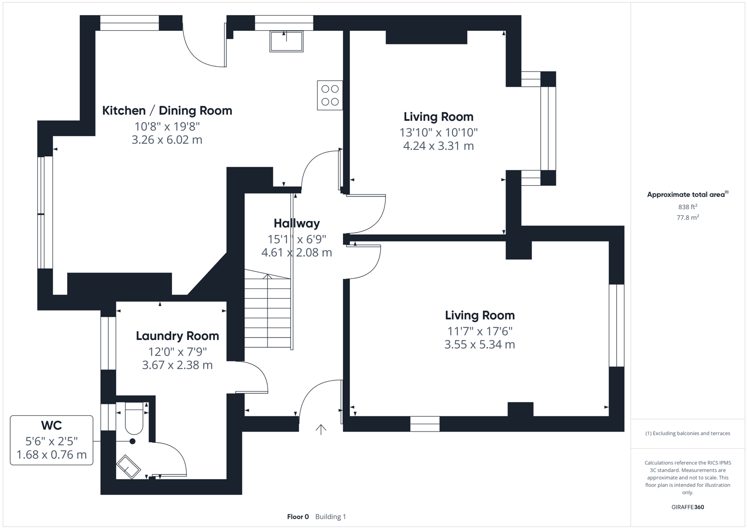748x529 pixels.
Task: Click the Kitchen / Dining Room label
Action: [167, 111]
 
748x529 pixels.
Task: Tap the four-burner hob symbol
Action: [330, 96]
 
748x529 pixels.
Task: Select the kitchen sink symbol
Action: [287, 41]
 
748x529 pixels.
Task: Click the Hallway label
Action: [296, 223]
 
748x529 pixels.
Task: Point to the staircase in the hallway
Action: [267, 312]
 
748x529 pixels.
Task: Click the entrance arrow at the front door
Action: [321, 430]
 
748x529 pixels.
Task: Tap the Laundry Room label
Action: [177, 336]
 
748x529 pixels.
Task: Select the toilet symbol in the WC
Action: [134, 418]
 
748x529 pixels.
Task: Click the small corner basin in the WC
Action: [128, 466]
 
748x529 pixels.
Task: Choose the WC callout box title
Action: [51, 425]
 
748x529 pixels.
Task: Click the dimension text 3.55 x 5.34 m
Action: [480, 344]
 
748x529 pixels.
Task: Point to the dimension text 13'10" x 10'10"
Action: [438, 132]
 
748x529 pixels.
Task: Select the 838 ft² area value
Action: [687, 207]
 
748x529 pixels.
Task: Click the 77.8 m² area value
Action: [687, 217]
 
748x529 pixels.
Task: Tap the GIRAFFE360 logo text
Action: [687, 507]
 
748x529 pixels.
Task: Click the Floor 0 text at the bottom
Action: [298, 517]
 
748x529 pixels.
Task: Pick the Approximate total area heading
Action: [687, 194]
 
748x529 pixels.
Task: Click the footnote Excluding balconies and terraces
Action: [687, 433]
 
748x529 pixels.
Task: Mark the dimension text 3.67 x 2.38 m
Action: [177, 365]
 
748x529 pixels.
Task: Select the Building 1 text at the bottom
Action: [331, 517]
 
